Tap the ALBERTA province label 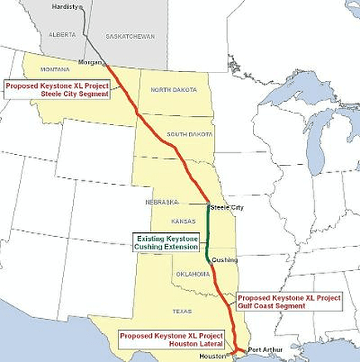(x=62, y=35)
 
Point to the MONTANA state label (x=55, y=70)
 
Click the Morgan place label (x=89, y=62)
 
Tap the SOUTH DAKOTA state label (x=189, y=134)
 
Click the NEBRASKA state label (x=162, y=201)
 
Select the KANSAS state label (x=182, y=222)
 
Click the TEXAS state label (x=182, y=311)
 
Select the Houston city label (x=213, y=355)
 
